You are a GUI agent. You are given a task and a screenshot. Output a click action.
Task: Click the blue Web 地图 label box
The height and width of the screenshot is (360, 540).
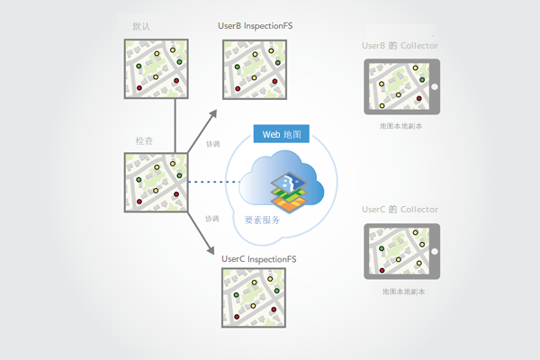pos(283,134)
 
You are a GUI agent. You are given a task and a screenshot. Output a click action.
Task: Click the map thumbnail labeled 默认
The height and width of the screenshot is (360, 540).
pos(157,67)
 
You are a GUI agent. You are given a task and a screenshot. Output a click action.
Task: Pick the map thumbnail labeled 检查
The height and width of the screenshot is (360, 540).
pos(157,184)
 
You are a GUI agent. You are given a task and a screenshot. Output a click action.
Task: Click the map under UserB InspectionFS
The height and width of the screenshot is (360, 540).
pos(256,67)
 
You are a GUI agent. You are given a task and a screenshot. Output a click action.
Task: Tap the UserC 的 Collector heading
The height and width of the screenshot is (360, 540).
pos(400,209)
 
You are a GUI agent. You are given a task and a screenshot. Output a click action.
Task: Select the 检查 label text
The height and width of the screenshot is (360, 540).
pos(144,141)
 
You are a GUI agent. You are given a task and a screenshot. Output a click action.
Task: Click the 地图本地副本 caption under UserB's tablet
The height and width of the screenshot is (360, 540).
pos(402,127)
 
